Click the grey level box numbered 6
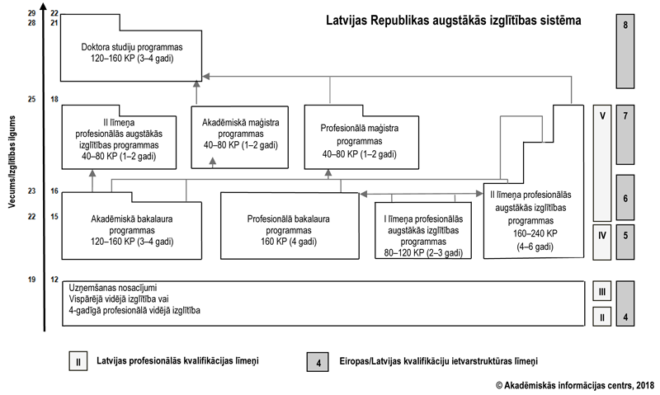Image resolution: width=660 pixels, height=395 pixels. tap(626, 198)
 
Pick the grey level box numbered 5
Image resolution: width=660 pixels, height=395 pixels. tap(626, 236)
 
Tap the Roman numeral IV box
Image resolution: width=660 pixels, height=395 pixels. tap(603, 236)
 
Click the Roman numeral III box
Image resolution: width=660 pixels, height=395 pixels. tap(603, 292)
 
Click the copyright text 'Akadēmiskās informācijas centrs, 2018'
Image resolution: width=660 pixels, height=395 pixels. tap(574, 384)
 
